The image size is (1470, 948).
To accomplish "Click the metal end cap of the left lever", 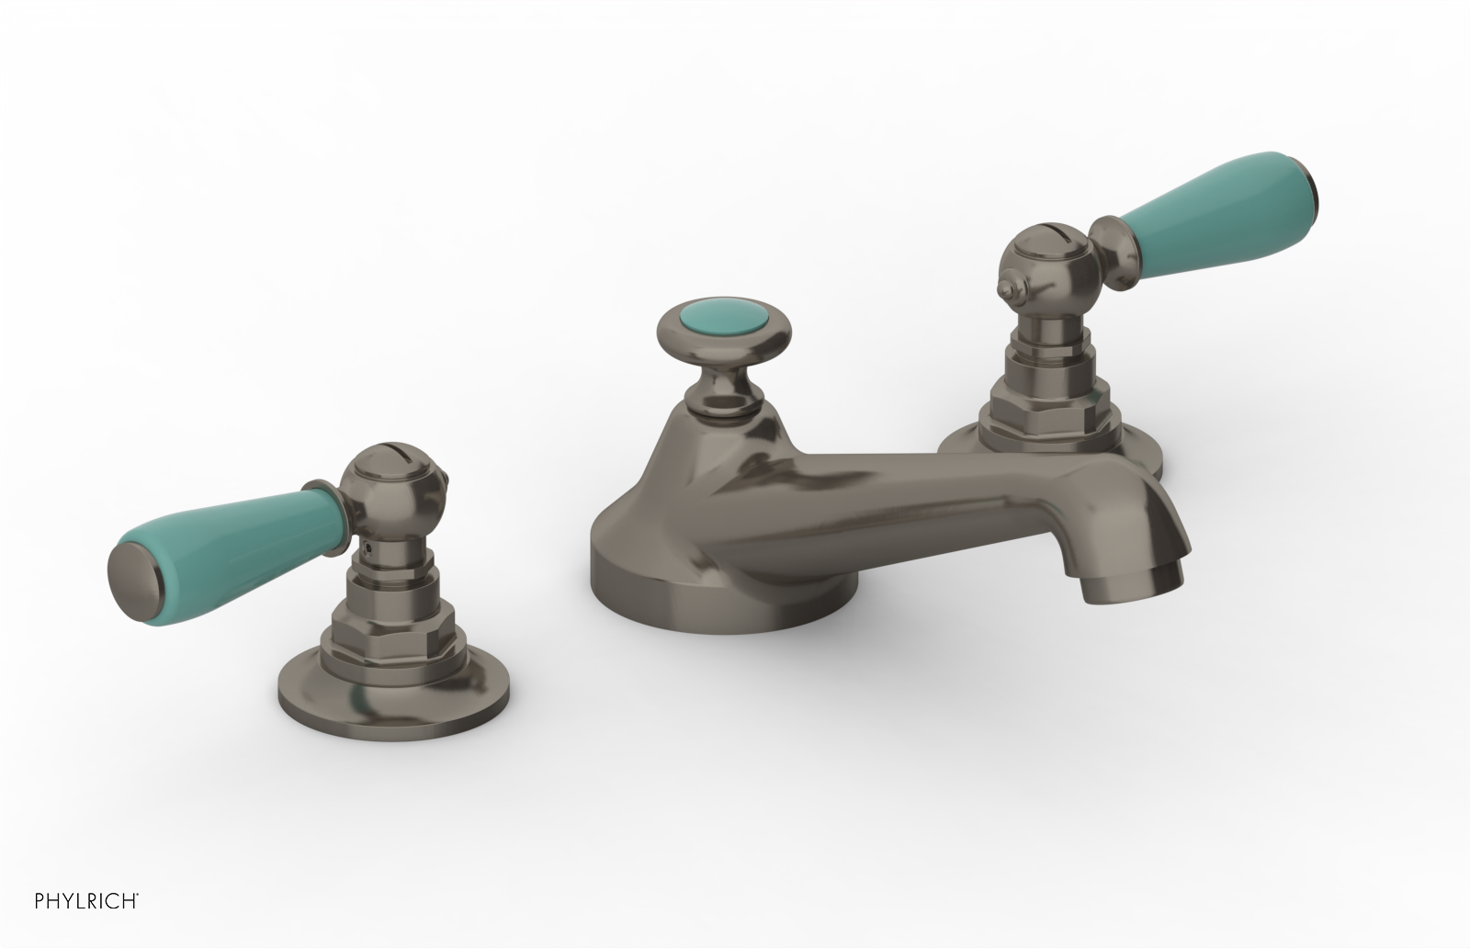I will [138, 569].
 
